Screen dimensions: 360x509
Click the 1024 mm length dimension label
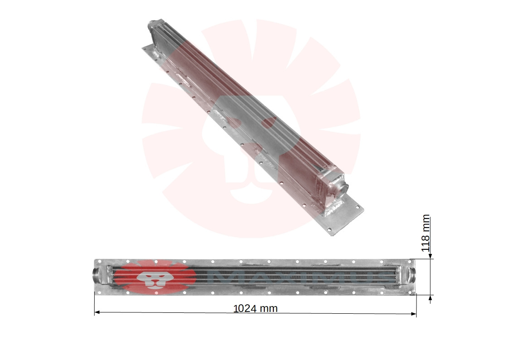pyautogui.click(x=255, y=309)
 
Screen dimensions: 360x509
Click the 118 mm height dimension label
pyautogui.click(x=425, y=233)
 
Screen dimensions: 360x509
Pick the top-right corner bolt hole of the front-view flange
pyautogui.click(x=411, y=262)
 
